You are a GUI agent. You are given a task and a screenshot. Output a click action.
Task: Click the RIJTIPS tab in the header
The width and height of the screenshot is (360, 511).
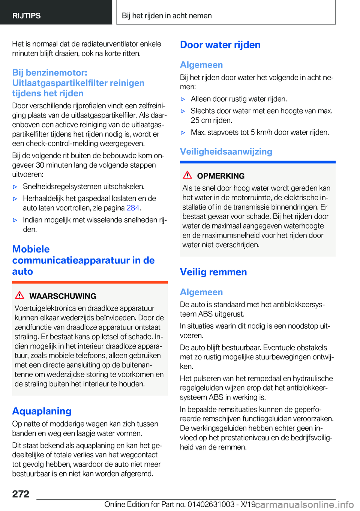point(26,16)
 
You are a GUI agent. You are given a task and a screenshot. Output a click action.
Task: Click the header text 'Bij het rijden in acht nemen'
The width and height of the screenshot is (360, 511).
point(166,16)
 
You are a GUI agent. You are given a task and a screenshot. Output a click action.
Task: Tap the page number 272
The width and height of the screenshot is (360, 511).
point(21,494)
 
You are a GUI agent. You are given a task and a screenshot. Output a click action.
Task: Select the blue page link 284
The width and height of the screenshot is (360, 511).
point(133,208)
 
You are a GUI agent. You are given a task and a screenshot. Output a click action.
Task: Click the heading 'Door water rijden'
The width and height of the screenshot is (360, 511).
point(220,45)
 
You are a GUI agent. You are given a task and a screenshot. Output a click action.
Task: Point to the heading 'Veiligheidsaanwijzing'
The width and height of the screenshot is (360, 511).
point(226,152)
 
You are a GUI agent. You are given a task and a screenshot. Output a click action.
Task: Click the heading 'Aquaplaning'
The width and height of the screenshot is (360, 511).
point(42,411)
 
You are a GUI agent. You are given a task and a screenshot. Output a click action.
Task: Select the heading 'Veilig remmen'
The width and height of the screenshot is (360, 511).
point(213,272)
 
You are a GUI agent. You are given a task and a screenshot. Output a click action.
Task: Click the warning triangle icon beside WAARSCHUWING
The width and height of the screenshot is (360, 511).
point(19,295)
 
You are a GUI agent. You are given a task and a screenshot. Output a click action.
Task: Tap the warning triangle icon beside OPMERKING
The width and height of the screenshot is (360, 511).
point(187,175)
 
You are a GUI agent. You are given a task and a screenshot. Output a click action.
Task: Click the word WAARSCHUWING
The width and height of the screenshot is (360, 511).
point(63,296)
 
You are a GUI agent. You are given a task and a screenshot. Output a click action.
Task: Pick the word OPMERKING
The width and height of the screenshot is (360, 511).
point(220,176)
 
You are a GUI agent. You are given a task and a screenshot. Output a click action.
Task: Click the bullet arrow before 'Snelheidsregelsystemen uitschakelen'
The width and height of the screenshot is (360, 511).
point(15,187)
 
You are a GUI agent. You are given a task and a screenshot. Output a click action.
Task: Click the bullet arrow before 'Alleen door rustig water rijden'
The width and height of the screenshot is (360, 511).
point(183,99)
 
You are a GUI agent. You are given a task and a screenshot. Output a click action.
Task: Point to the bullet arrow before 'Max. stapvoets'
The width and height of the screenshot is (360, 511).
point(183,132)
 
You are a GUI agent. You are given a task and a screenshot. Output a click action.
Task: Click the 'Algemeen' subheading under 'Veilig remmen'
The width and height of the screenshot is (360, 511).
point(201,292)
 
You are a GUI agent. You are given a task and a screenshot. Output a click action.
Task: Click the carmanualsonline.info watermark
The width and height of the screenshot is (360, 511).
point(304,505)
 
